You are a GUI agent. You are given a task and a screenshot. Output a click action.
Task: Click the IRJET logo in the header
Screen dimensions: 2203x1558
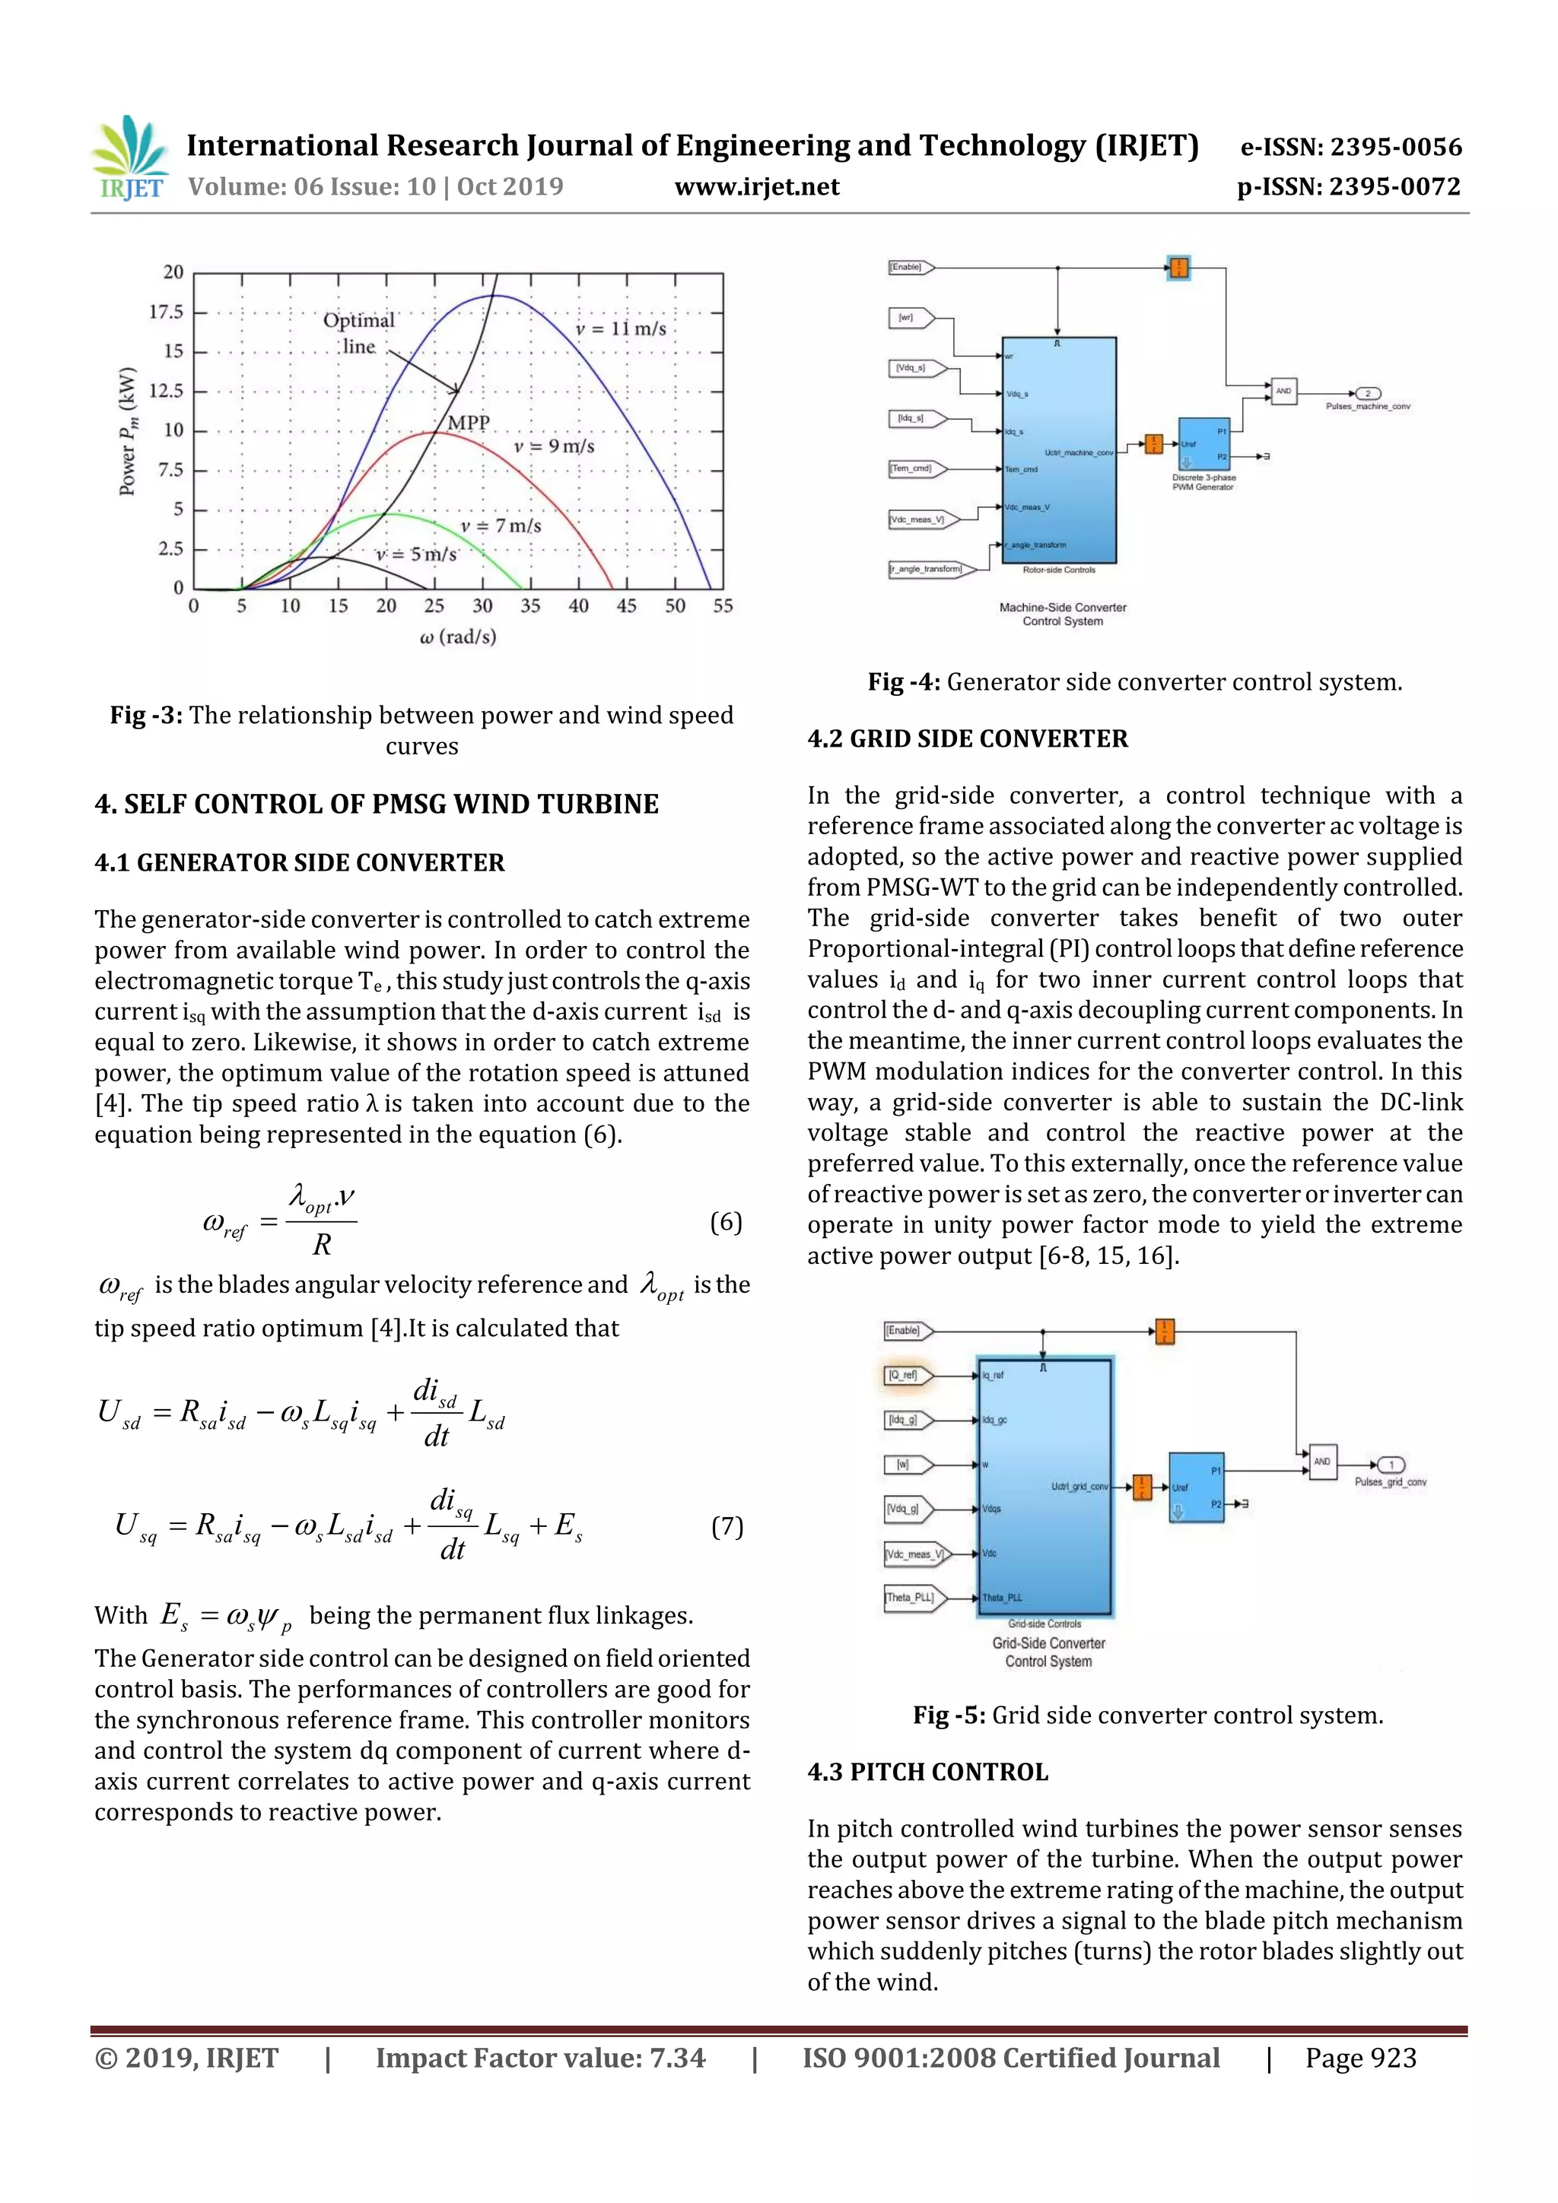coord(129,157)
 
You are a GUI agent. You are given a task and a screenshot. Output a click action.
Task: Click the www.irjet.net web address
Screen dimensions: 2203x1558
coord(756,187)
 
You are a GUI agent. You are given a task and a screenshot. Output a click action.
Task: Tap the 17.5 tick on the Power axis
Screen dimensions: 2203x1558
coord(166,312)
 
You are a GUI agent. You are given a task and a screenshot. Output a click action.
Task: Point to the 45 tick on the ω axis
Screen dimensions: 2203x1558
coord(626,606)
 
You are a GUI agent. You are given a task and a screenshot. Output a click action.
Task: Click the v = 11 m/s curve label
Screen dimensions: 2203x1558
coord(620,329)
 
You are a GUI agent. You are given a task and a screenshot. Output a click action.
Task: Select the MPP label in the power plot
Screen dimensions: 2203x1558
coord(469,423)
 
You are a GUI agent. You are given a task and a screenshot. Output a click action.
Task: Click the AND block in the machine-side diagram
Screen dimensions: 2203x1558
coord(1283,391)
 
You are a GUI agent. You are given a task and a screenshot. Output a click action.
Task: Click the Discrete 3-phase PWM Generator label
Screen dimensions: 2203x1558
coord(1203,481)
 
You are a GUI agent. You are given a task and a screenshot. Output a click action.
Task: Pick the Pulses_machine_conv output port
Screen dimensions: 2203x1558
coord(1367,393)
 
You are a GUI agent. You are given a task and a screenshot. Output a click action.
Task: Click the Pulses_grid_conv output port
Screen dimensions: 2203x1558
coord(1391,1465)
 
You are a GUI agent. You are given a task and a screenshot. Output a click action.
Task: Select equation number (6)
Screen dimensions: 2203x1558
coord(726,1221)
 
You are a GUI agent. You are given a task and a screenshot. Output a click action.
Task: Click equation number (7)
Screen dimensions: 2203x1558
coord(727,1526)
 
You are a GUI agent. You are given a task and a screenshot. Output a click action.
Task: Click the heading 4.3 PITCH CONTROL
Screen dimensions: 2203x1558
coord(927,1772)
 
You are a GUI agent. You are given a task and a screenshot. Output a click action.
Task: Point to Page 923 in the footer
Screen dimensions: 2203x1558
coord(1360,2058)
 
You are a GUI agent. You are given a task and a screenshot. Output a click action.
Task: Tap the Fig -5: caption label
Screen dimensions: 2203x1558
coord(949,1716)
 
